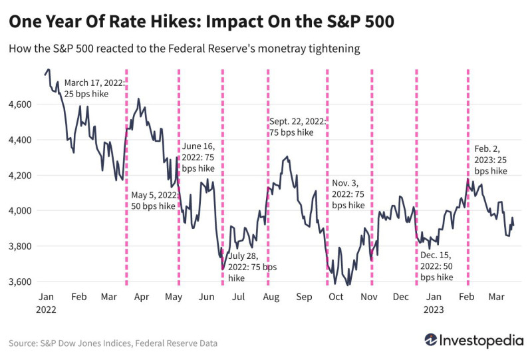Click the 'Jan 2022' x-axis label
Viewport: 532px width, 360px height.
[x=46, y=303]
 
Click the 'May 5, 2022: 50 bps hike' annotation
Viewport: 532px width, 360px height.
[x=154, y=200]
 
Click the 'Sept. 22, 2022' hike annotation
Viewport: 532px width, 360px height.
[x=297, y=126]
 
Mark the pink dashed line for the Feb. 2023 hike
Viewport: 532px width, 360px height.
[x=467, y=220]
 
